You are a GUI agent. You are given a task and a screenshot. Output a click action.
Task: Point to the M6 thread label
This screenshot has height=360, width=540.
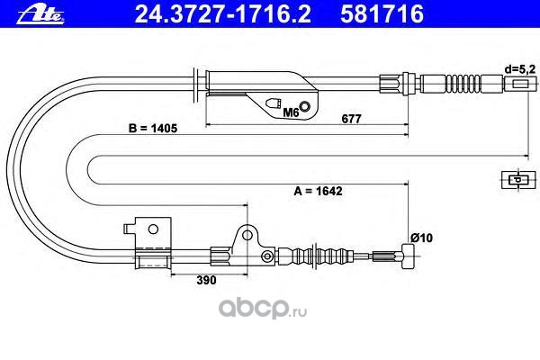pyautogui.click(x=290, y=114)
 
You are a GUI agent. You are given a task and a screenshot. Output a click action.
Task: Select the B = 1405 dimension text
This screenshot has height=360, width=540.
pyautogui.click(x=153, y=130)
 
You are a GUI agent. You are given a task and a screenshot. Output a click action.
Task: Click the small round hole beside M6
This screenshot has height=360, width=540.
pyautogui.click(x=308, y=108)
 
